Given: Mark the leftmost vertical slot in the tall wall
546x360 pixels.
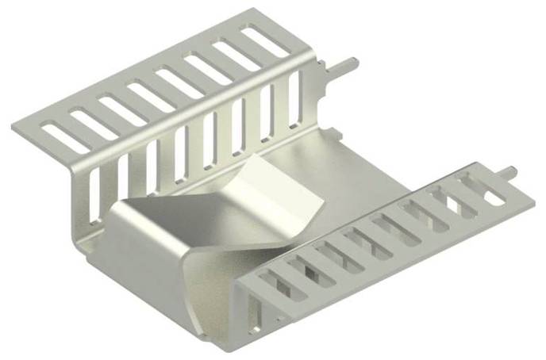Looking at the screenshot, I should [94, 195].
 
